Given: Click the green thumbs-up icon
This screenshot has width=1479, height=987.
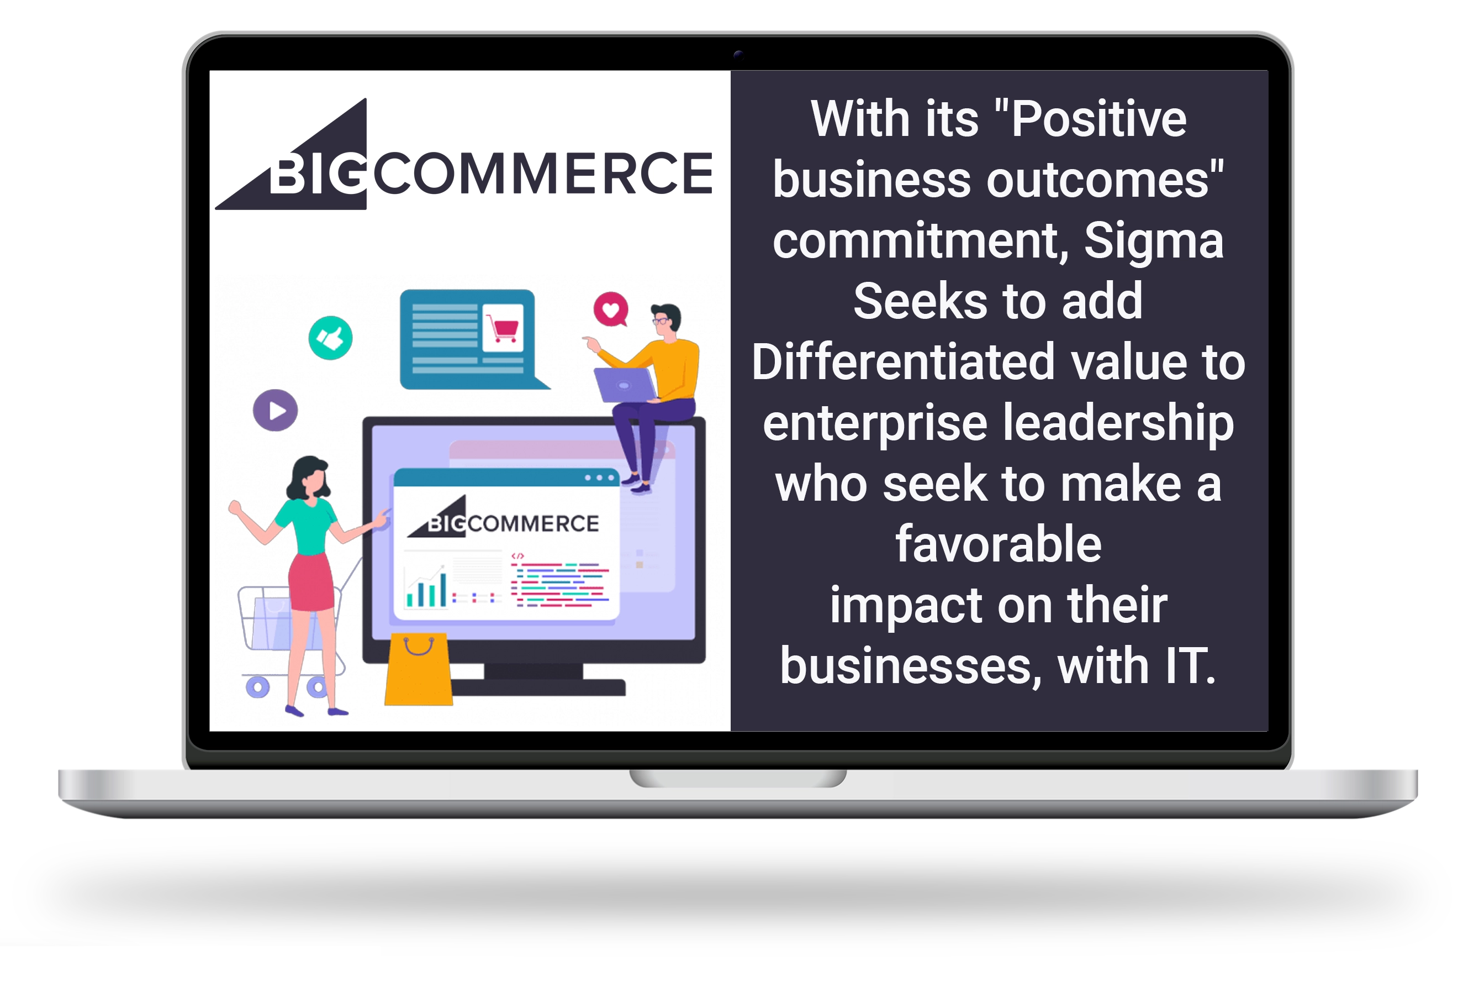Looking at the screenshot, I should click(330, 338).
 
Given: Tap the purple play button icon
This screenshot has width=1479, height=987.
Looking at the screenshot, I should click(275, 411).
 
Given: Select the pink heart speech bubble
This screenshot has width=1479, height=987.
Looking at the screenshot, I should click(611, 309).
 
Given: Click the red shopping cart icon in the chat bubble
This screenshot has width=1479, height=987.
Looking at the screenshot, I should click(503, 328).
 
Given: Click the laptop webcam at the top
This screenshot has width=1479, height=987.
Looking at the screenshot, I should click(738, 55).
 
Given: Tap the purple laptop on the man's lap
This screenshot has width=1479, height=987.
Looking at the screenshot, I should click(624, 385).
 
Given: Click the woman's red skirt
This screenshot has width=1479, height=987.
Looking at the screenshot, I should click(311, 583).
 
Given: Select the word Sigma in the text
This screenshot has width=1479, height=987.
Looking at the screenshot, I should click(1154, 241).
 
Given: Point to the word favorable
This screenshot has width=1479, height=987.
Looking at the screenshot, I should click(999, 544).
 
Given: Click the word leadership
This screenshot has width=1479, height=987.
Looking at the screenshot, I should click(1117, 424).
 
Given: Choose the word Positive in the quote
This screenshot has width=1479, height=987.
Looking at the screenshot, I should click(1098, 119).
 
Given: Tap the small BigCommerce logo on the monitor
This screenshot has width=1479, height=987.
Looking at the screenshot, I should click(503, 521).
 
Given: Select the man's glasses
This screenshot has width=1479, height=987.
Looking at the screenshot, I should click(661, 321).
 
